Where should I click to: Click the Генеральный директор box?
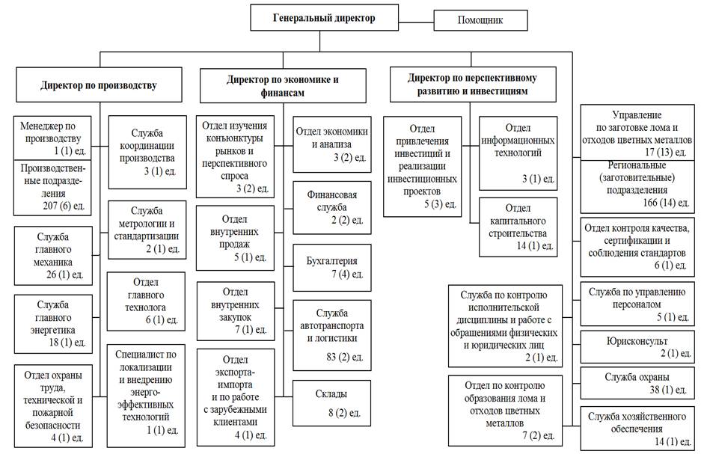[324, 18]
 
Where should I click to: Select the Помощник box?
[480, 20]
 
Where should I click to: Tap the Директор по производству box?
[100, 85]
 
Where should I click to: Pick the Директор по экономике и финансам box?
[283, 86]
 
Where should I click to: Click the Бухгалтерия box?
[332, 268]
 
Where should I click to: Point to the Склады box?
[331, 403]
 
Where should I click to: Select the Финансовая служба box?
[332, 208]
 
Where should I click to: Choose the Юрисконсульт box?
[637, 347]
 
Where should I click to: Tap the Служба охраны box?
[637, 383]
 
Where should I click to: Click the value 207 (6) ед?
[64, 206]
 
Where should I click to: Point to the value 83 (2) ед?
[344, 357]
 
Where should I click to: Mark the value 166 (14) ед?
[666, 203]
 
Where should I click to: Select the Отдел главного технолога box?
[146, 301]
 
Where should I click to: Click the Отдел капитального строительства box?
[518, 227]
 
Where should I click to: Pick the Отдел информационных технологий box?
[518, 153]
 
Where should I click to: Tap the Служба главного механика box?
[53, 256]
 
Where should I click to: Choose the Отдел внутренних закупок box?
[235, 311]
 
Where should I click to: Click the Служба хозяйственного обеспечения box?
[637, 429]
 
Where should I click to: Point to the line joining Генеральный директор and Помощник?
[416, 20]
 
